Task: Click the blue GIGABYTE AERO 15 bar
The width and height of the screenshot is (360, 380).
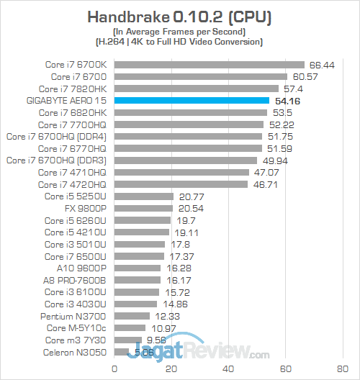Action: pos(192,101)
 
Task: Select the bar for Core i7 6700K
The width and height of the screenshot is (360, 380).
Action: pos(210,64)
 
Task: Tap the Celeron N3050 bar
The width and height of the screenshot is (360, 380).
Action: pos(122,353)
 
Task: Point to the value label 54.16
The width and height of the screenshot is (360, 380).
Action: pos(285,101)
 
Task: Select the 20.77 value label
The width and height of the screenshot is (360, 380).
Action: pos(189,196)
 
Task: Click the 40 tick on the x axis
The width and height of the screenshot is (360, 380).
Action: pos(229,369)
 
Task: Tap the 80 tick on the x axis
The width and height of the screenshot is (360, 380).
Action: pos(343,369)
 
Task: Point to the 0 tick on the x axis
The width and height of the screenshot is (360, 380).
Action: pos(114,369)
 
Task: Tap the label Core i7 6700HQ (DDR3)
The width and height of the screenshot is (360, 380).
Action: pos(56,160)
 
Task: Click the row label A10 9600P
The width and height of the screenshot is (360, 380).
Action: pos(86,268)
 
